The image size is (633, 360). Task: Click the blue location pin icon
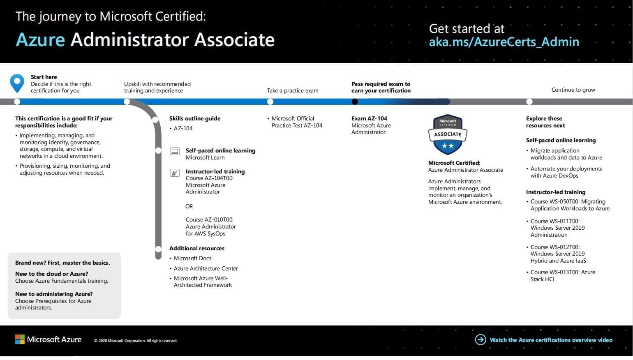click(x=17, y=83)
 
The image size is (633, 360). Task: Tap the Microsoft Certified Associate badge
click(x=448, y=134)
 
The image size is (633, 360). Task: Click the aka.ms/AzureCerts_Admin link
click(x=504, y=42)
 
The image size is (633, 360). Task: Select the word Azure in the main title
click(x=40, y=39)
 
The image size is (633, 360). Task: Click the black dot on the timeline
click(x=355, y=102)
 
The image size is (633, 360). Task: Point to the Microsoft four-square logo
click(x=20, y=339)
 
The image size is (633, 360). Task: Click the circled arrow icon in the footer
click(x=481, y=339)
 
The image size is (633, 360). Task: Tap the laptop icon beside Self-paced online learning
click(x=175, y=151)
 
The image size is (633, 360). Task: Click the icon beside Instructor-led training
click(x=175, y=173)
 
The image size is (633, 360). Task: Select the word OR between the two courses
click(x=189, y=207)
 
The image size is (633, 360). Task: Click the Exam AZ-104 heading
click(x=369, y=118)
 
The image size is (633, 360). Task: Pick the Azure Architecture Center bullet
click(x=206, y=268)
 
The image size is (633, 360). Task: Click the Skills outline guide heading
click(x=195, y=118)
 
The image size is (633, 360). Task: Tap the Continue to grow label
click(x=573, y=90)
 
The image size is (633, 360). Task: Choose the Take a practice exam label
click(x=293, y=91)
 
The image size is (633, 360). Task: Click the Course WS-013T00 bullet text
click(x=563, y=275)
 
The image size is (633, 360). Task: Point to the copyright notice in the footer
click(x=136, y=341)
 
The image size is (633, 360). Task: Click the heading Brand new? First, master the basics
click(x=62, y=263)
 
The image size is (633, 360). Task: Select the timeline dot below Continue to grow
click(x=529, y=102)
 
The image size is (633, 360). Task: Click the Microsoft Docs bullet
click(x=192, y=258)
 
